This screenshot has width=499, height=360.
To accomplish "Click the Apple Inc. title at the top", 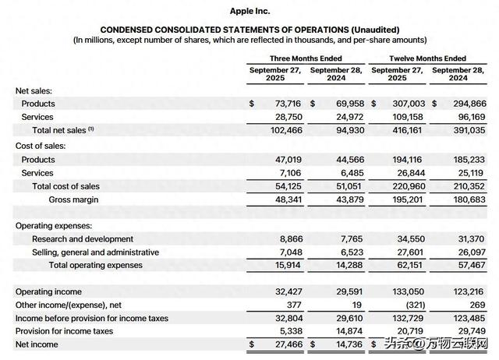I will [250, 10].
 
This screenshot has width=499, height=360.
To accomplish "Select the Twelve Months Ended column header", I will [427, 58].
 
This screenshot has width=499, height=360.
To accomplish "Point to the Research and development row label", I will [82, 238].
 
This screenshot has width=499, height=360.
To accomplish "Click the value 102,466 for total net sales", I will [285, 131].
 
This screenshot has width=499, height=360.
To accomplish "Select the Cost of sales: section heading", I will [41, 146].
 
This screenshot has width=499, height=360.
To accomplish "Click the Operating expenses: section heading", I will [52, 224].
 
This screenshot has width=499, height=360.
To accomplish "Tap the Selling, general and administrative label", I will [95, 252].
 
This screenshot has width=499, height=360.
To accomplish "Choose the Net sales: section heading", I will [34, 90].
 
